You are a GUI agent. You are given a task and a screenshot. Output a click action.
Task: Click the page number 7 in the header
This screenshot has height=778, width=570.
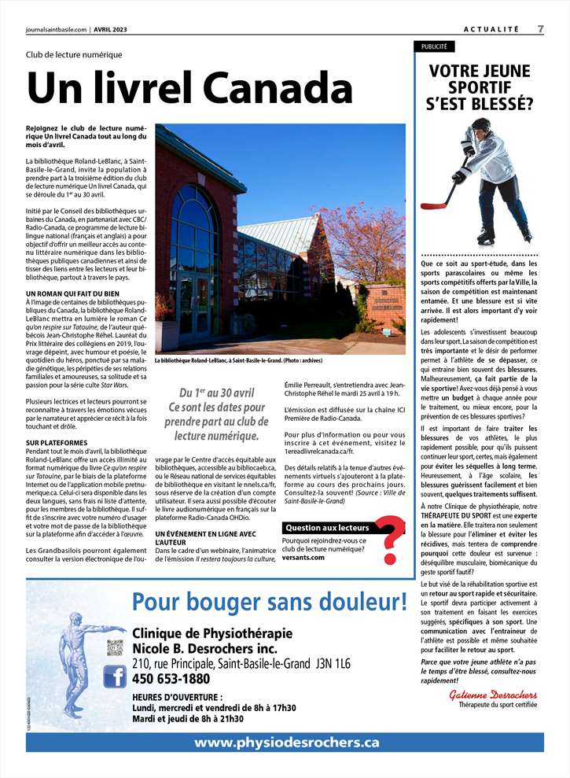[x=540, y=29]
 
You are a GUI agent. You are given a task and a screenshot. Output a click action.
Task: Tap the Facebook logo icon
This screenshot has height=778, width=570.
[x=115, y=676]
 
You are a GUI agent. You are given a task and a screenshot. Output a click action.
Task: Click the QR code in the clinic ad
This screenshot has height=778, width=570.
[x=115, y=647]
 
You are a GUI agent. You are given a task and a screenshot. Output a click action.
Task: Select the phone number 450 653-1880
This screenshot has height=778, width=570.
[x=171, y=678]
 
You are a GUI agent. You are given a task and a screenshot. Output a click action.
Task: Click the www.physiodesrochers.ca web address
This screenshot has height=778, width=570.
[x=286, y=742]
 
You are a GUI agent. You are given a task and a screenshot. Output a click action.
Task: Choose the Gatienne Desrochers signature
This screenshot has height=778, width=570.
[x=493, y=695]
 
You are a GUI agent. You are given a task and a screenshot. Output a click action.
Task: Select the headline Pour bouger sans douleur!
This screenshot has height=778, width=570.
[x=269, y=603]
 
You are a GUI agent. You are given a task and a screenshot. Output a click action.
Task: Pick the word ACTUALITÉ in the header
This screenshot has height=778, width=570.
[x=491, y=29]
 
